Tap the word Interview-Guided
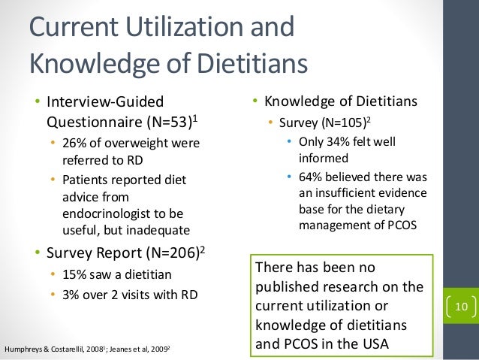click(106, 101)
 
